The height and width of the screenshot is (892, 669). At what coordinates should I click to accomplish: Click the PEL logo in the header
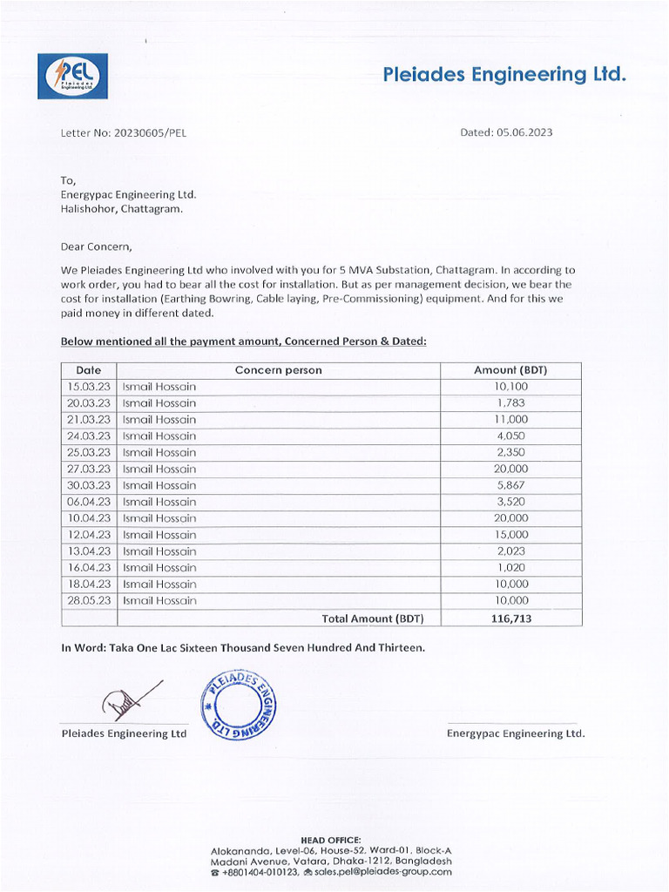[x=72, y=76]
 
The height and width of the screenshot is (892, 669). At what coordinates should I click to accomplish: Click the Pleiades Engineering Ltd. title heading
[x=504, y=75]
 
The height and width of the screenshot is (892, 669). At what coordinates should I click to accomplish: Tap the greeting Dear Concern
[x=96, y=247]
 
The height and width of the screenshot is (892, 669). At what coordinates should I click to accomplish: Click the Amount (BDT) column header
[x=510, y=370]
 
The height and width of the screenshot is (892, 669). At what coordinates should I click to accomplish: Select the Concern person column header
[x=278, y=370]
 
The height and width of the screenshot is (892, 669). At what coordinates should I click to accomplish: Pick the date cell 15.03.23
[x=89, y=387]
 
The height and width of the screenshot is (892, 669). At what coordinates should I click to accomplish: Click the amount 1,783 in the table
[x=510, y=403]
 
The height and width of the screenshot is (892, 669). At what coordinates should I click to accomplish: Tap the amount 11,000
[x=510, y=420]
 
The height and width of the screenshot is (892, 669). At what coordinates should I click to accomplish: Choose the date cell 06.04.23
[x=89, y=502]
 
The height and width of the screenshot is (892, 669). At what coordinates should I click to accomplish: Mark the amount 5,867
[x=510, y=485]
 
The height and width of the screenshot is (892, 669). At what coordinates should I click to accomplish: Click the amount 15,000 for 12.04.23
[x=510, y=535]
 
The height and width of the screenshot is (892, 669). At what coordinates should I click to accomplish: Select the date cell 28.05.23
[x=89, y=601]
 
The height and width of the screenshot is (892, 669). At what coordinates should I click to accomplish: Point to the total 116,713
[x=510, y=618]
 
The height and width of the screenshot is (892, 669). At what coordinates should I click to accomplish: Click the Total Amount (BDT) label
[x=372, y=618]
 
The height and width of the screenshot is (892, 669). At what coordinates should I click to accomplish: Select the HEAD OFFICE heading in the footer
[x=330, y=840]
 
